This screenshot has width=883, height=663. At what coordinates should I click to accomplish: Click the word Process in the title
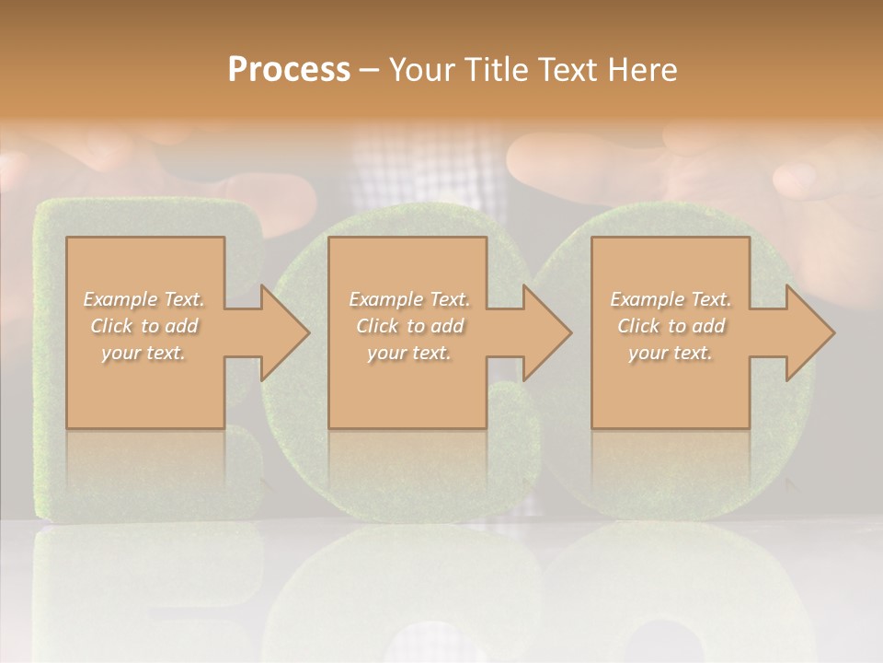tap(289, 69)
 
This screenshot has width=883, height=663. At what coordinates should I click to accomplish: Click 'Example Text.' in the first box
tap(143, 298)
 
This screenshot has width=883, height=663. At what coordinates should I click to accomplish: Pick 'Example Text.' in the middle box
tap(409, 298)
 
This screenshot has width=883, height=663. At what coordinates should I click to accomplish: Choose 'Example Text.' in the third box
tap(671, 298)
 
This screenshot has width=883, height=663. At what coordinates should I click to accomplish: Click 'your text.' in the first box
tap(143, 352)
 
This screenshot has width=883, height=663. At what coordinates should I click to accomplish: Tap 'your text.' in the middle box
tap(409, 352)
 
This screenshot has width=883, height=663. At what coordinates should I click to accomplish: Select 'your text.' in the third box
tap(671, 352)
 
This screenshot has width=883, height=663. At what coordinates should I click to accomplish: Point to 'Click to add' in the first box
tap(143, 325)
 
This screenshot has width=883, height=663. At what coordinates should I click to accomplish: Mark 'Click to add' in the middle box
tap(409, 325)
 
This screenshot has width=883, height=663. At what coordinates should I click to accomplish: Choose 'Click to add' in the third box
tap(671, 325)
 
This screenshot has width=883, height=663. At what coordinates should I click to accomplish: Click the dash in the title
tap(370, 70)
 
